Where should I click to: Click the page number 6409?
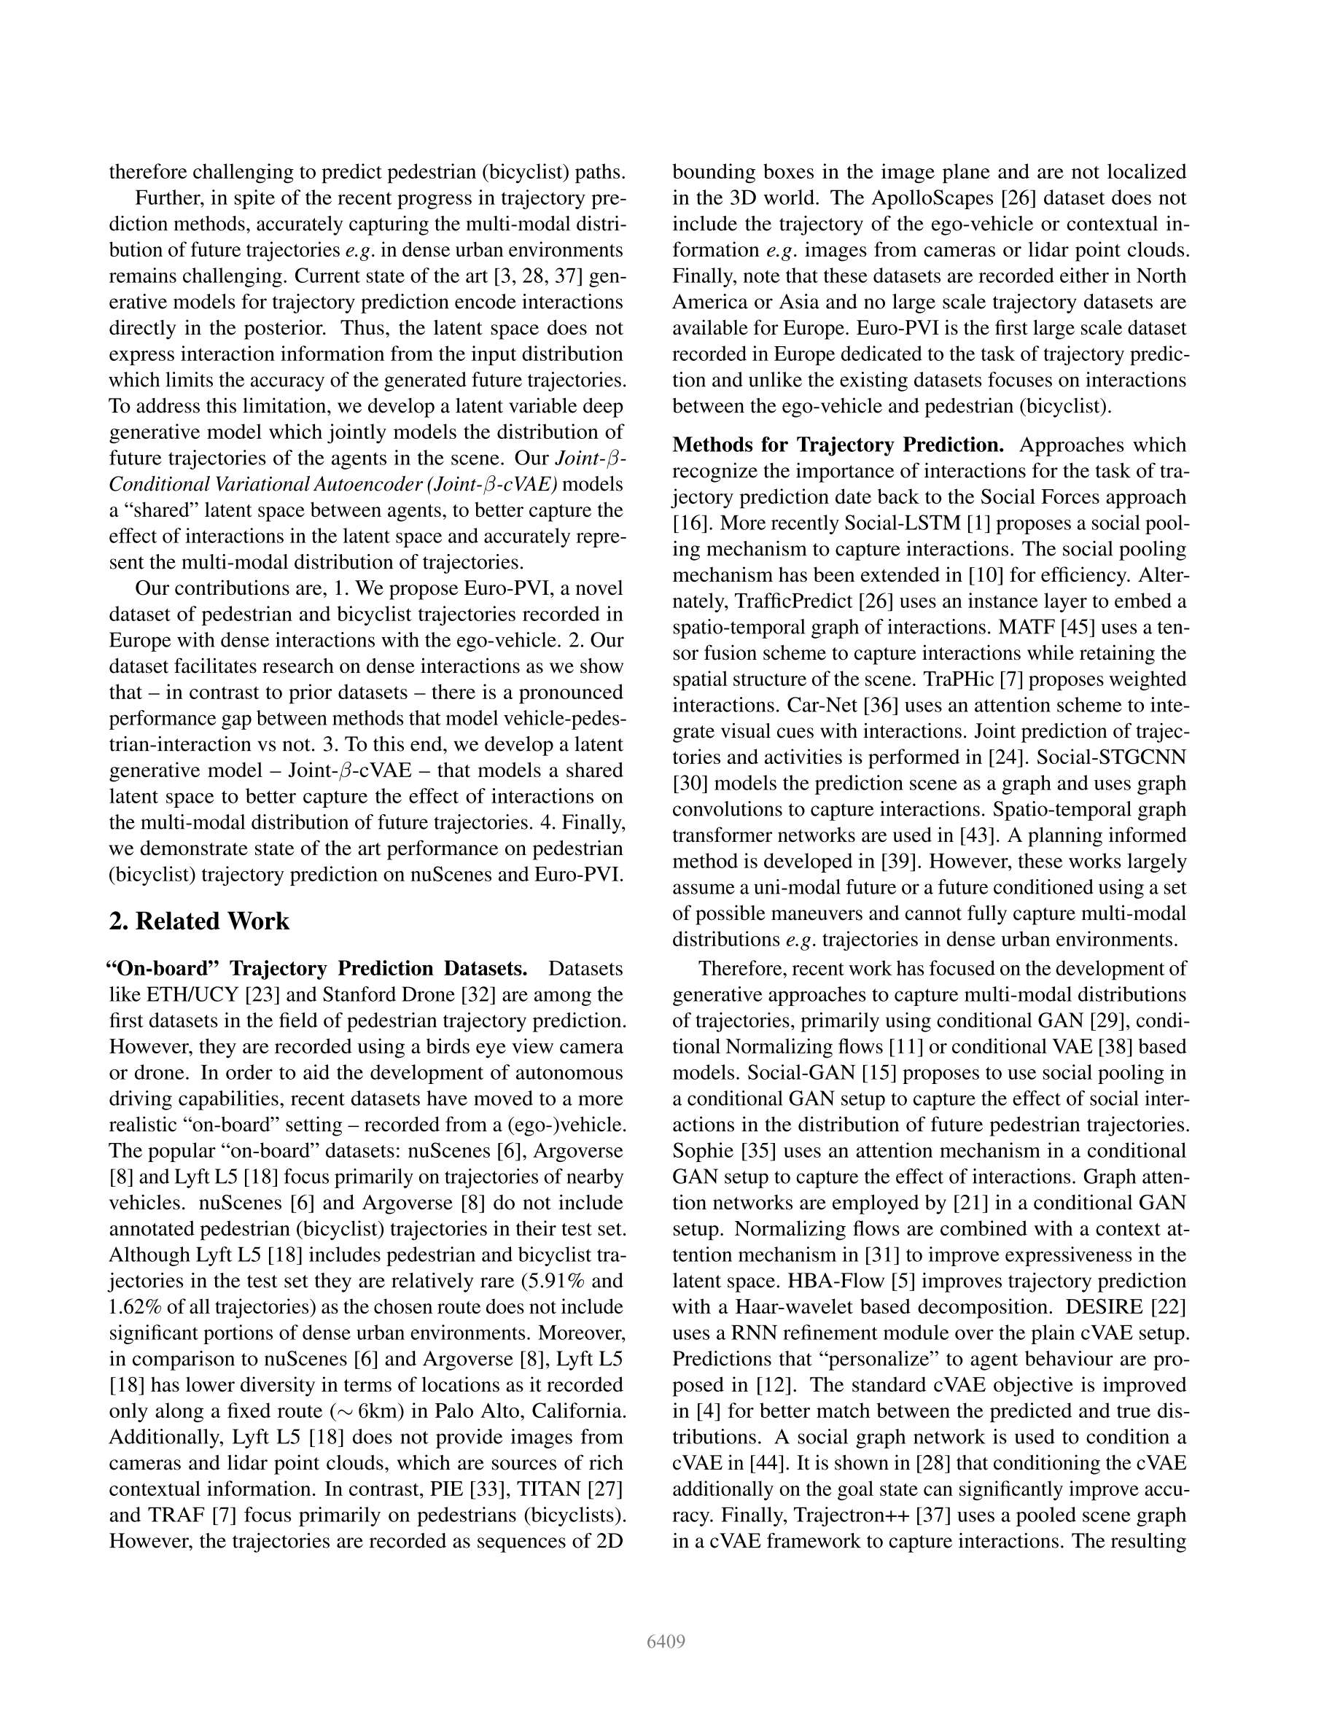coord(665,1642)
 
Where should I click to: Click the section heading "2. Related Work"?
coord(199,921)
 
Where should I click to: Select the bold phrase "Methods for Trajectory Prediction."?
coord(838,445)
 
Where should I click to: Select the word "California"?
coord(579,1411)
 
